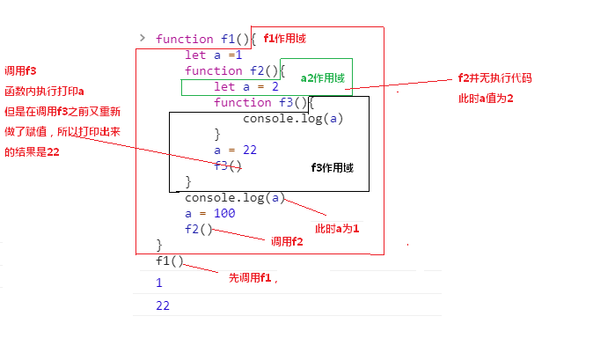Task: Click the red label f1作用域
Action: (x=284, y=39)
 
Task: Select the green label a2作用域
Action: (x=322, y=78)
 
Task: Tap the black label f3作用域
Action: (x=333, y=167)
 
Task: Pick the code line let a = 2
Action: (x=246, y=86)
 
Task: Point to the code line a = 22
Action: (x=235, y=150)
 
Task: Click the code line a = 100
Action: (x=209, y=213)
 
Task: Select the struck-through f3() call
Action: (x=227, y=165)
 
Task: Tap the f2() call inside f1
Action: (x=199, y=229)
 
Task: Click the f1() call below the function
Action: (x=170, y=261)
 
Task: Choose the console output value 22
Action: (x=163, y=305)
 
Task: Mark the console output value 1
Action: (x=159, y=283)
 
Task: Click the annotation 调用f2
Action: (x=287, y=241)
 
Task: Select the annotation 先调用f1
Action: (x=253, y=278)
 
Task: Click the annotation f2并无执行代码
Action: (x=495, y=78)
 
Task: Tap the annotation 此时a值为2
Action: (x=486, y=98)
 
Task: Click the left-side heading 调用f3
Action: (x=20, y=70)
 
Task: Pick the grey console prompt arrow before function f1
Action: (x=142, y=38)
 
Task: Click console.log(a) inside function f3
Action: (x=293, y=118)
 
